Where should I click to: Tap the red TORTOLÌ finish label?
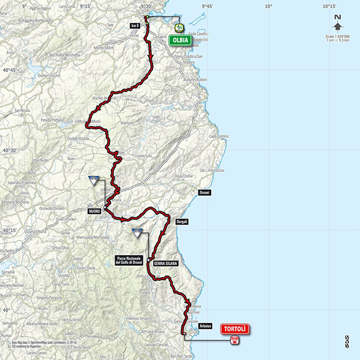pyautogui.click(x=235, y=328)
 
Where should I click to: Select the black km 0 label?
pyautogui.click(x=135, y=26)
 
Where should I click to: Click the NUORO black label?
pyautogui.click(x=94, y=211)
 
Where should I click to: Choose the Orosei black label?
pyautogui.click(x=204, y=193)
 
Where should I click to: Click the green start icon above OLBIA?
pyautogui.click(x=178, y=28)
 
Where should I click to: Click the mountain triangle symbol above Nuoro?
pyautogui.click(x=94, y=180)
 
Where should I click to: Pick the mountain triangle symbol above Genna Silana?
pyautogui.click(x=137, y=233)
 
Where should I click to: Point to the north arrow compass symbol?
pyautogui.click(x=338, y=24)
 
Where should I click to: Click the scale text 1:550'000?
pyautogui.click(x=338, y=37)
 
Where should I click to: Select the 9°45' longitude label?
pyautogui.click(x=208, y=6)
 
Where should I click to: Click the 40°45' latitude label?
pyautogui.click(x=8, y=70)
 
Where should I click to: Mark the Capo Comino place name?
pyautogui.click(x=218, y=137)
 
